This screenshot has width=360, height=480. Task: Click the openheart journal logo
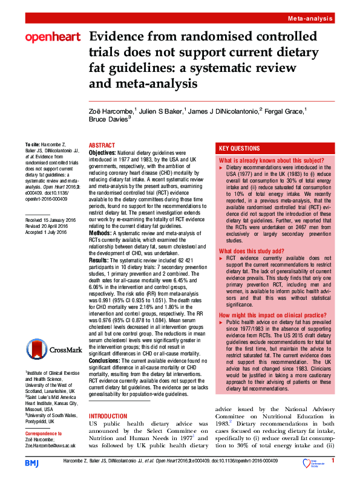(52, 37)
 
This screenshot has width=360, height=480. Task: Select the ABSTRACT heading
(102, 146)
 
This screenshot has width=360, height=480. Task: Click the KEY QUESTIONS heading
(240, 148)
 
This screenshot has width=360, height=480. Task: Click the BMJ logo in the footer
(31, 463)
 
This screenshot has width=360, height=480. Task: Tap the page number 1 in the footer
(333, 461)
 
